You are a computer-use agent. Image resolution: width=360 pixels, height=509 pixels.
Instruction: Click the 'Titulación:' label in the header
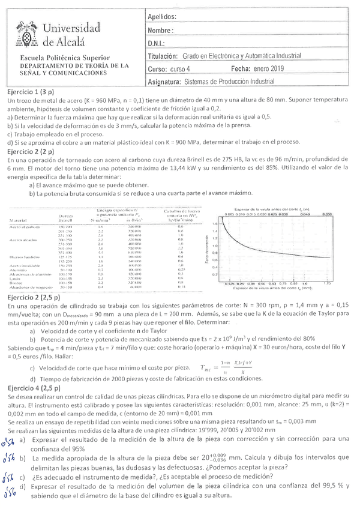(x=163, y=56)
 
